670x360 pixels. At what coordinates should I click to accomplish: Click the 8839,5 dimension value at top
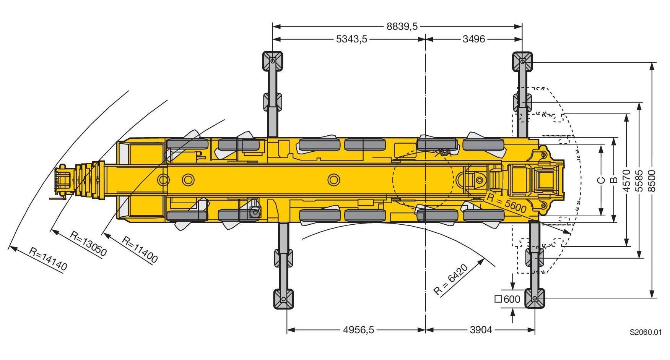pos(402,26)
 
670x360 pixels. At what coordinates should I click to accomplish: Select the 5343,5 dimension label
pos(351,39)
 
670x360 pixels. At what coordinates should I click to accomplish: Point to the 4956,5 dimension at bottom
pos(358,329)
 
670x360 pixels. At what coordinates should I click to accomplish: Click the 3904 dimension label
pos(481,329)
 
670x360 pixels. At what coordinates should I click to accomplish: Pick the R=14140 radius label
pos(48,259)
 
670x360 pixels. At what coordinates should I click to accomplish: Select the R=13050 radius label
pos(88,243)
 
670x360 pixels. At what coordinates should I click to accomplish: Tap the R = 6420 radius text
pos(451,280)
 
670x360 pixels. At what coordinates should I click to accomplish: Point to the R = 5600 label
pos(506,204)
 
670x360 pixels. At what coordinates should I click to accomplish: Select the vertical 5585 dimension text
pos(639,180)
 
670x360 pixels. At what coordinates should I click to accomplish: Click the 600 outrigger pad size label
pos(508,299)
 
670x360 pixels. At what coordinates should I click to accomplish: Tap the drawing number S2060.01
pos(646,332)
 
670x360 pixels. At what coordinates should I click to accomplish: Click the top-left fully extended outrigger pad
pos(272,61)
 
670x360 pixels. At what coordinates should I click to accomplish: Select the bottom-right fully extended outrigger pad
pos(535,298)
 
